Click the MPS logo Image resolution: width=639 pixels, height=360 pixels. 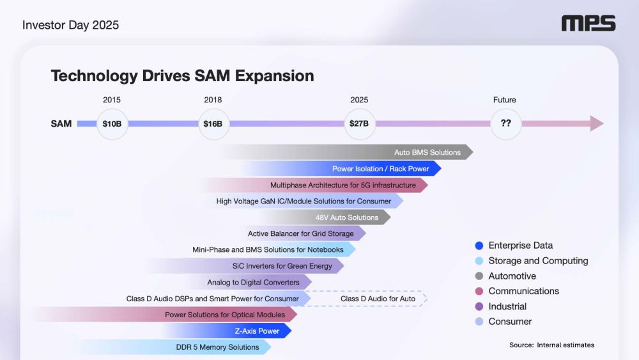pos(588,24)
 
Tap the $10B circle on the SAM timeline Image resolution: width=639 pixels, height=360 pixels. pos(112,123)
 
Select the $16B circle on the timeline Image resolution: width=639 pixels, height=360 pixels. pos(213,123)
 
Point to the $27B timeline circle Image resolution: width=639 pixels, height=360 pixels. pos(359,123)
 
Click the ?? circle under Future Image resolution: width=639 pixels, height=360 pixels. pos(505,123)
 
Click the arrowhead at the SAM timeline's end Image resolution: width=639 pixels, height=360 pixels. pos(597,123)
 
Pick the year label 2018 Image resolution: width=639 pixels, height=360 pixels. pos(213,100)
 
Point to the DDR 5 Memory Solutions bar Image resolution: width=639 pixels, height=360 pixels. pos(217,347)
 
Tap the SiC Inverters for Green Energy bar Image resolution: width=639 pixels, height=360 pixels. pos(282,266)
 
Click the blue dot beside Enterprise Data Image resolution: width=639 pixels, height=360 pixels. pos(479,246)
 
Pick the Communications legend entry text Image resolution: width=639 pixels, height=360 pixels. pos(523,291)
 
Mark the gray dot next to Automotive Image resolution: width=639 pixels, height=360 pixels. pos(479,276)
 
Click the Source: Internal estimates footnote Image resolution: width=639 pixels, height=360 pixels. pos(551,345)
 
